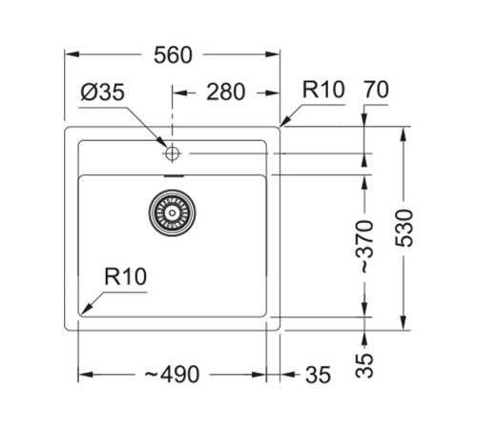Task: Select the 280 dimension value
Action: coord(226,92)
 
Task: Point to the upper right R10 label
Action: coord(322,92)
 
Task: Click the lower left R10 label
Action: coord(124,278)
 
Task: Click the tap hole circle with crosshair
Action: coord(173,153)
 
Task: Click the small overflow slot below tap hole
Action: coord(173,175)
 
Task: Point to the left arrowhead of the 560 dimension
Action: coord(69,55)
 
